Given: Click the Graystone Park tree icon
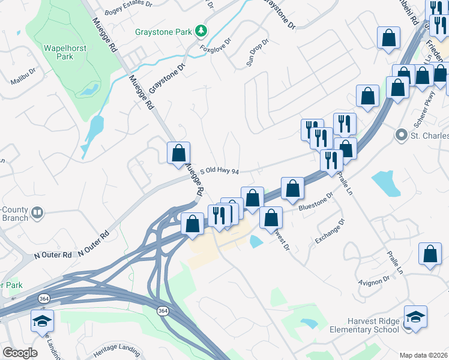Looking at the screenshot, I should tap(203, 30).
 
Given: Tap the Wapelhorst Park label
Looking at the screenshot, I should tap(58, 52).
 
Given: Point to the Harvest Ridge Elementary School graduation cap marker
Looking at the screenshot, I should tap(415, 316).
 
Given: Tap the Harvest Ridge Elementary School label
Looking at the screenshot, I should tap(364, 325).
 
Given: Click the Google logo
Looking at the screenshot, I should tap(20, 353).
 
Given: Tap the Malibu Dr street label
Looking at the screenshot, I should tap(24, 81).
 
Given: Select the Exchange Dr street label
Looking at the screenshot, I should tap(330, 231).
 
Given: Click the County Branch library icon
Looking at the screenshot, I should tap(37, 212).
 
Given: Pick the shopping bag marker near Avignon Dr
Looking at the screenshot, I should tap(430, 254).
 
